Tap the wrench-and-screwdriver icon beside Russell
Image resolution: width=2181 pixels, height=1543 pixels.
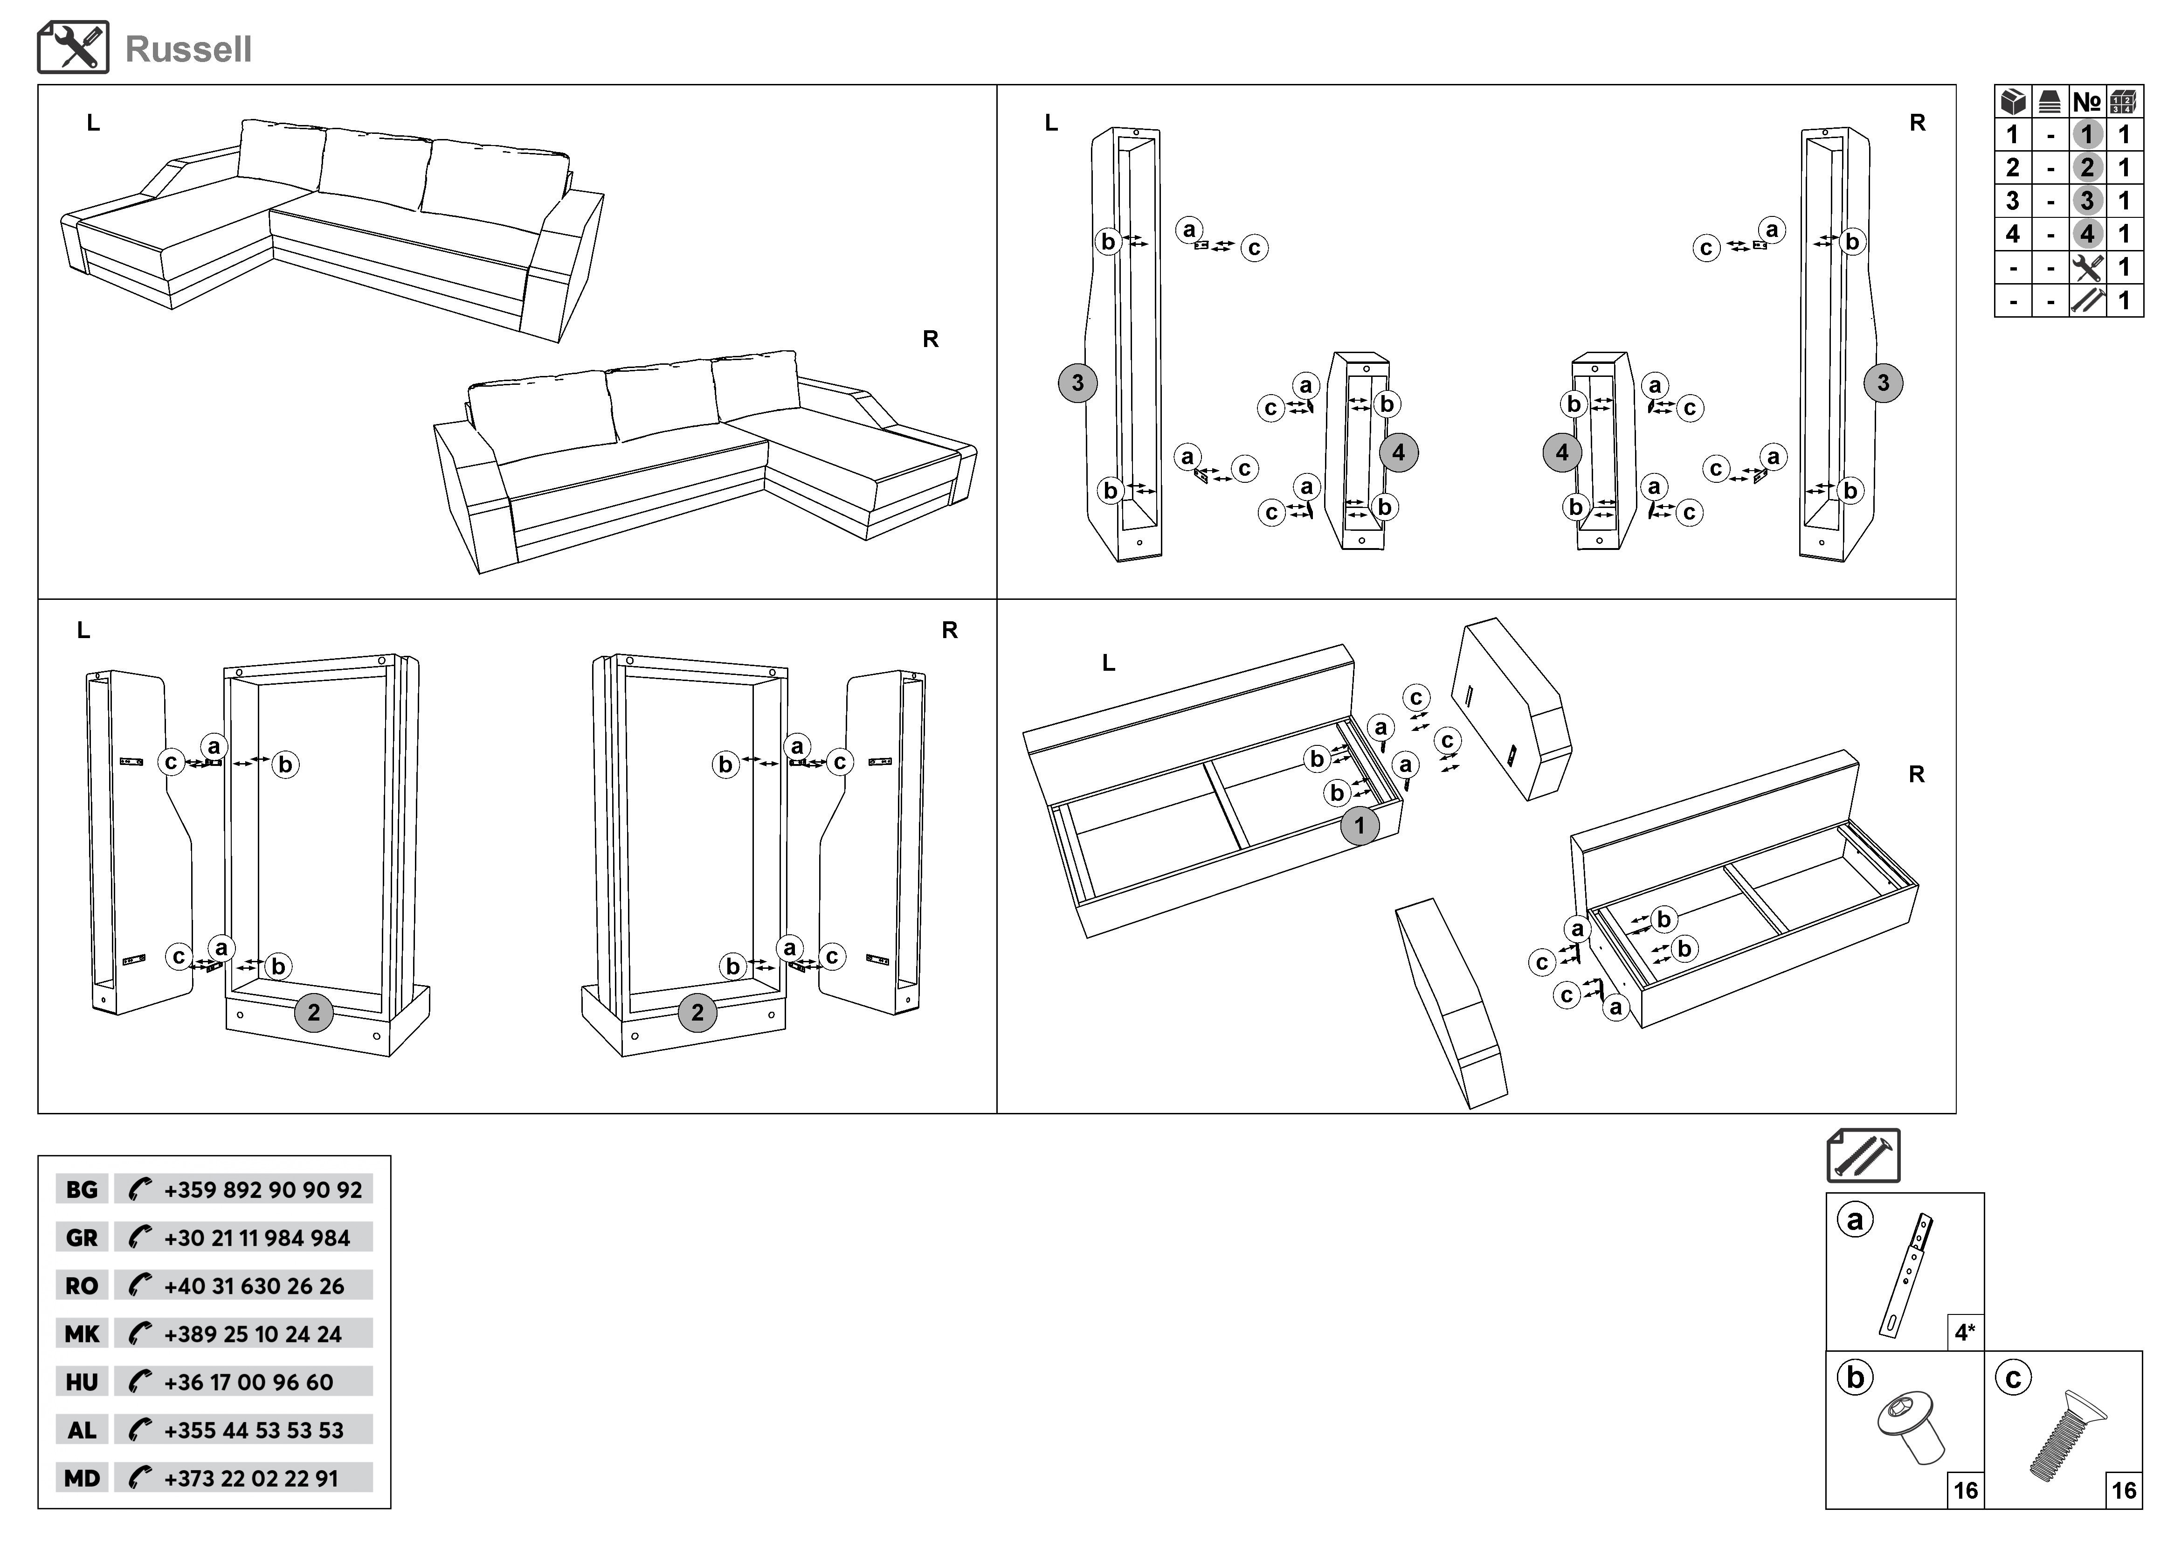pos(73,48)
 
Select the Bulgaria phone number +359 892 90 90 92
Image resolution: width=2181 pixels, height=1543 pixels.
pos(262,1189)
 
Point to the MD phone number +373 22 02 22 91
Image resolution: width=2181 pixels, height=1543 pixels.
pos(251,1478)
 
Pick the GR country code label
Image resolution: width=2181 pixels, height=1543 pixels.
pos(82,1238)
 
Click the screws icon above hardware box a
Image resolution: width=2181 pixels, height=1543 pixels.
pos(1863,1155)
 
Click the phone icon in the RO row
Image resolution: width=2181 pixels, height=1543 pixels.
pos(140,1286)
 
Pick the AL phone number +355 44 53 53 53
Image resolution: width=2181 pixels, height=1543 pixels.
pos(254,1430)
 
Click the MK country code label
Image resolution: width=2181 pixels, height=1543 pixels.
pos(82,1334)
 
